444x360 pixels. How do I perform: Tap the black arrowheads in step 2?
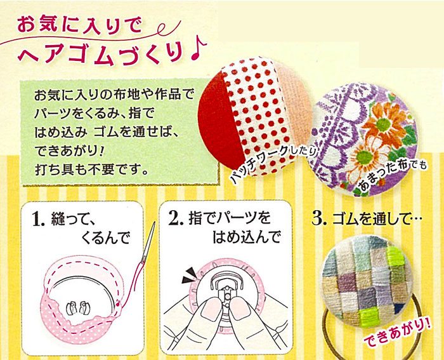189,276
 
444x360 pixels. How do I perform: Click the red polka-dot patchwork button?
254,117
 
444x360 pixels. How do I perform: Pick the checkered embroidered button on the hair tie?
365,281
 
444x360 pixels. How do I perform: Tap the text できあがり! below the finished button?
397,333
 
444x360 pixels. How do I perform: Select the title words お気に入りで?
80,25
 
